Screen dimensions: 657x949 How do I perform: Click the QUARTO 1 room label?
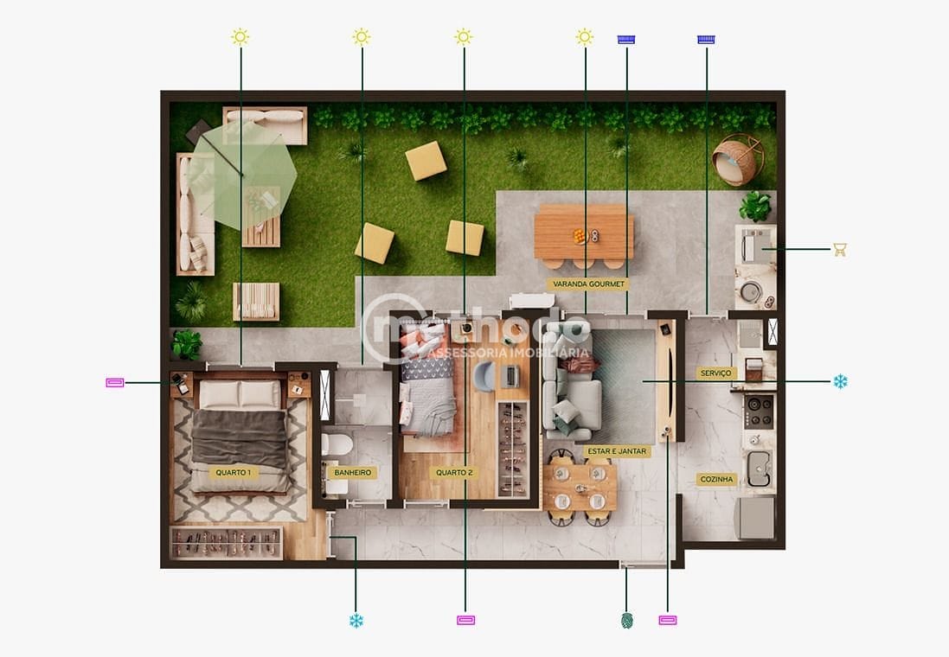[x=234, y=473]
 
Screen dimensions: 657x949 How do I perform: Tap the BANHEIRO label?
[x=353, y=473]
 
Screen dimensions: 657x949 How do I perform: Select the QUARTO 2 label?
[x=454, y=473]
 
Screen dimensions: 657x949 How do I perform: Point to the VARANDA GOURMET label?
[x=587, y=284]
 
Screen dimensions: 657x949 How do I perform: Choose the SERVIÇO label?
[x=715, y=373]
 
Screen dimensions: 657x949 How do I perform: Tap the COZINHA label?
[x=717, y=479]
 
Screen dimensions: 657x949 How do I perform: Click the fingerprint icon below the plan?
[x=627, y=620]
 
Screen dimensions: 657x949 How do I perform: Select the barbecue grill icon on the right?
[x=839, y=250]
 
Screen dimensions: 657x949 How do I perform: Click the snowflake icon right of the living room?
[x=840, y=381]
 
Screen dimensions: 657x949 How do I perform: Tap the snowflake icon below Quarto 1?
[x=356, y=620]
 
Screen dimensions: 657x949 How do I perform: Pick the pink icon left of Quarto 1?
[x=115, y=382]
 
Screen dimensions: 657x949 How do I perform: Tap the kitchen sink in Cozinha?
[x=760, y=468]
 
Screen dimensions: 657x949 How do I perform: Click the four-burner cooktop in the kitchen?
[x=760, y=411]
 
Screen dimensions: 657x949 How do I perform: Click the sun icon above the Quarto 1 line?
[x=240, y=36]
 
